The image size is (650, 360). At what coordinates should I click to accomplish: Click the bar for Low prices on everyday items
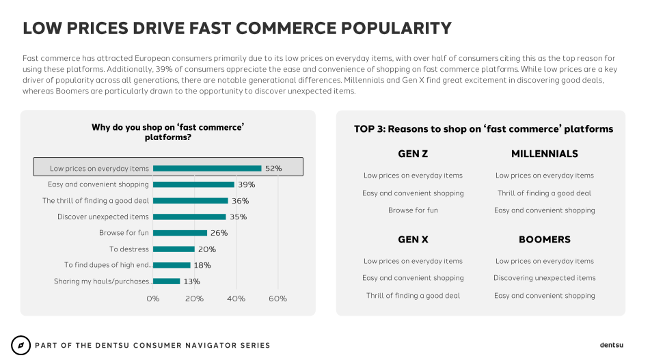tap(207, 168)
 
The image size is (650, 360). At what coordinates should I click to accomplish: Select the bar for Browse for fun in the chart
tap(180, 233)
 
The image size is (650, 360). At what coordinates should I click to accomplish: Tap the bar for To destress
tap(174, 249)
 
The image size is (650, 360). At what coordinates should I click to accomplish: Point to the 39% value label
tap(246, 184)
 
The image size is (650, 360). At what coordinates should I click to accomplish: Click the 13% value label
tap(192, 281)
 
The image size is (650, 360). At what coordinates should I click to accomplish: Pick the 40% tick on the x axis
tap(236, 299)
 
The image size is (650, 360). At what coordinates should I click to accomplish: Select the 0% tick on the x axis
tap(153, 299)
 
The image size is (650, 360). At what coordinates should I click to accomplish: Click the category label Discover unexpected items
tap(103, 217)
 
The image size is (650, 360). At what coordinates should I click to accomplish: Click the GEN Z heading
tap(413, 154)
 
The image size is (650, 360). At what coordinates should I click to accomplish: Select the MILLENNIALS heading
tap(544, 154)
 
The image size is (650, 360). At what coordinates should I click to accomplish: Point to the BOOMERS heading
tap(544, 240)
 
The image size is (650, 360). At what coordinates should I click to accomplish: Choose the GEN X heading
tap(413, 240)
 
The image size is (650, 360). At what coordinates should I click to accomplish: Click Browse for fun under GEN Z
tap(413, 210)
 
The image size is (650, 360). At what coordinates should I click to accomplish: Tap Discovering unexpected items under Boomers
tap(544, 278)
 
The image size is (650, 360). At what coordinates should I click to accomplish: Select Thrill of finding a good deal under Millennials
tap(544, 193)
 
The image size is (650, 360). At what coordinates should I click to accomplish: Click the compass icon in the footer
tap(21, 345)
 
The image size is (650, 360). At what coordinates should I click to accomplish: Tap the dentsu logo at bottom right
tap(612, 345)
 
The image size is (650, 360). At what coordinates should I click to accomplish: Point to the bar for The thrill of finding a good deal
tap(190, 201)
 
